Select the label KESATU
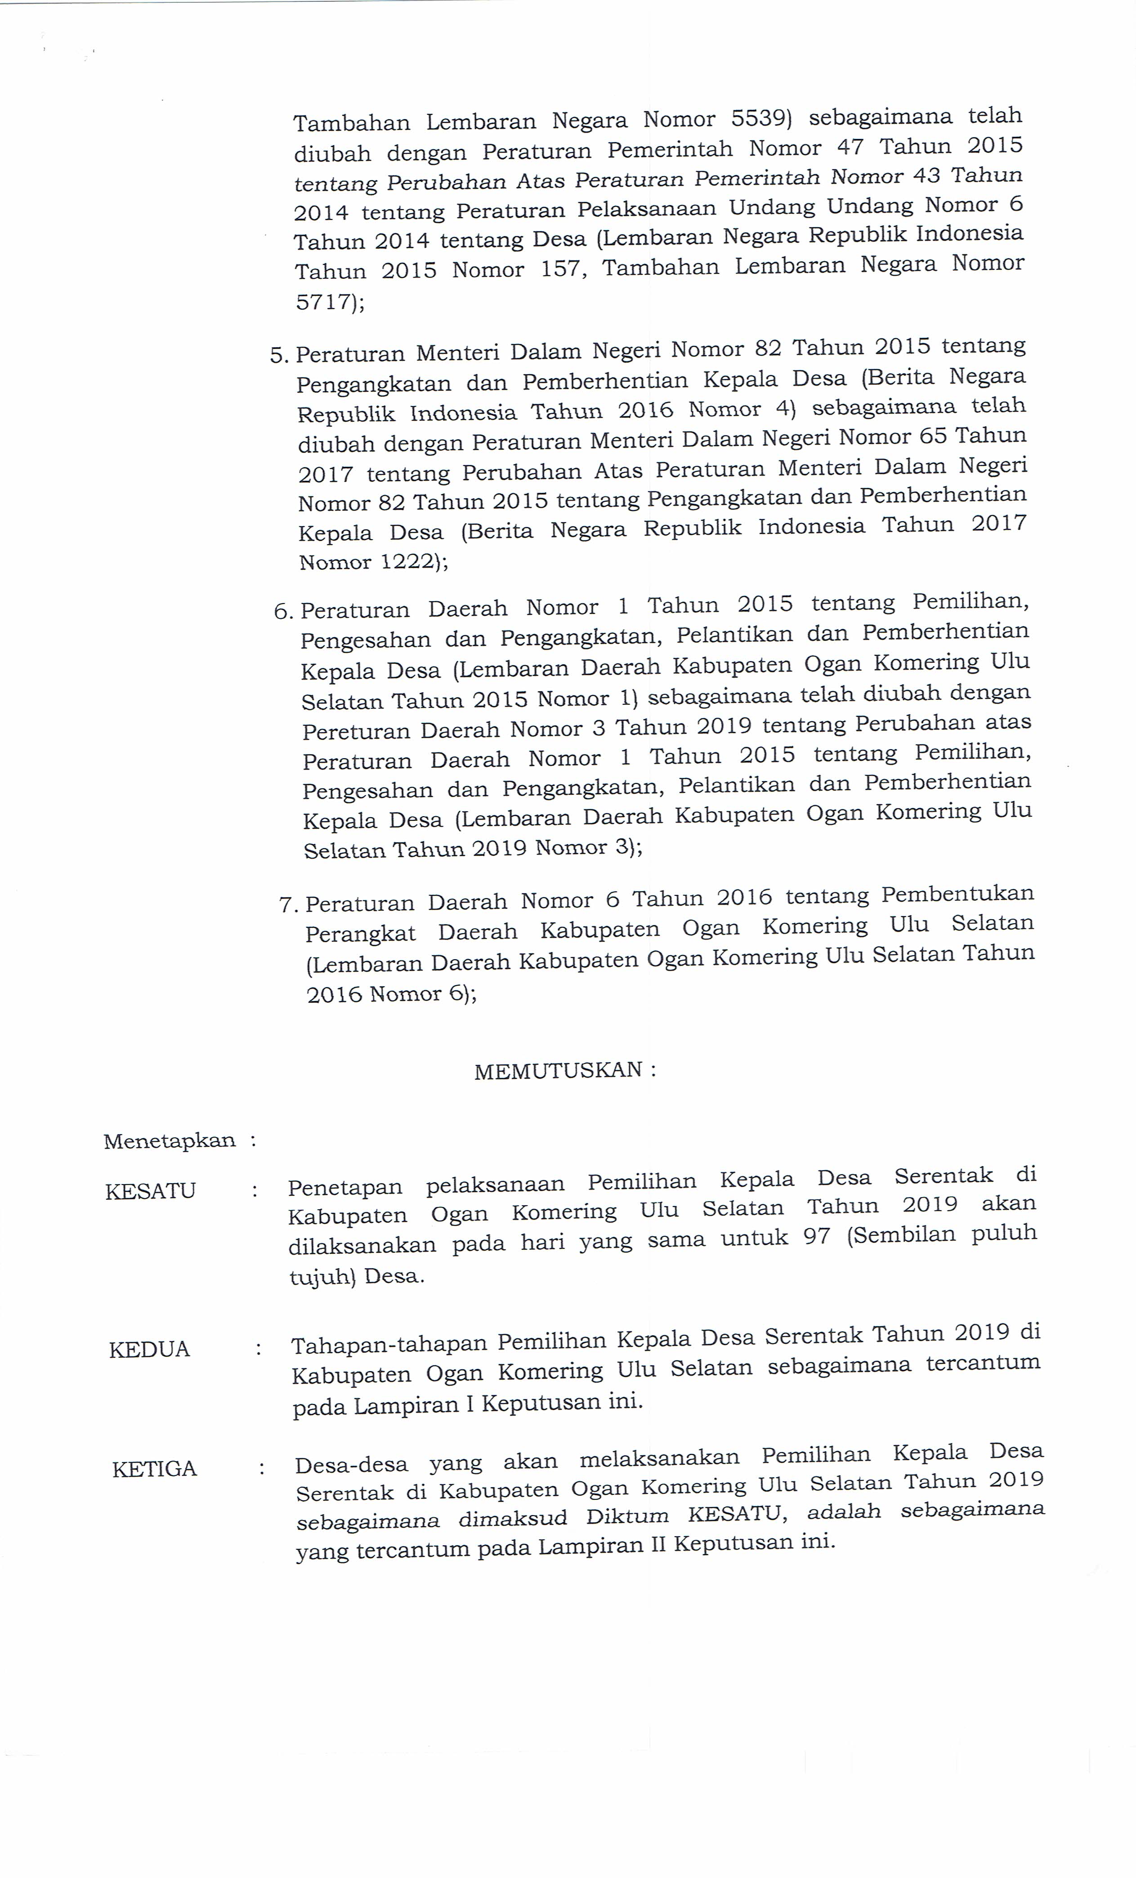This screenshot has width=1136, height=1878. tap(150, 1190)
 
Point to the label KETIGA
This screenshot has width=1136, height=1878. tap(154, 1469)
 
